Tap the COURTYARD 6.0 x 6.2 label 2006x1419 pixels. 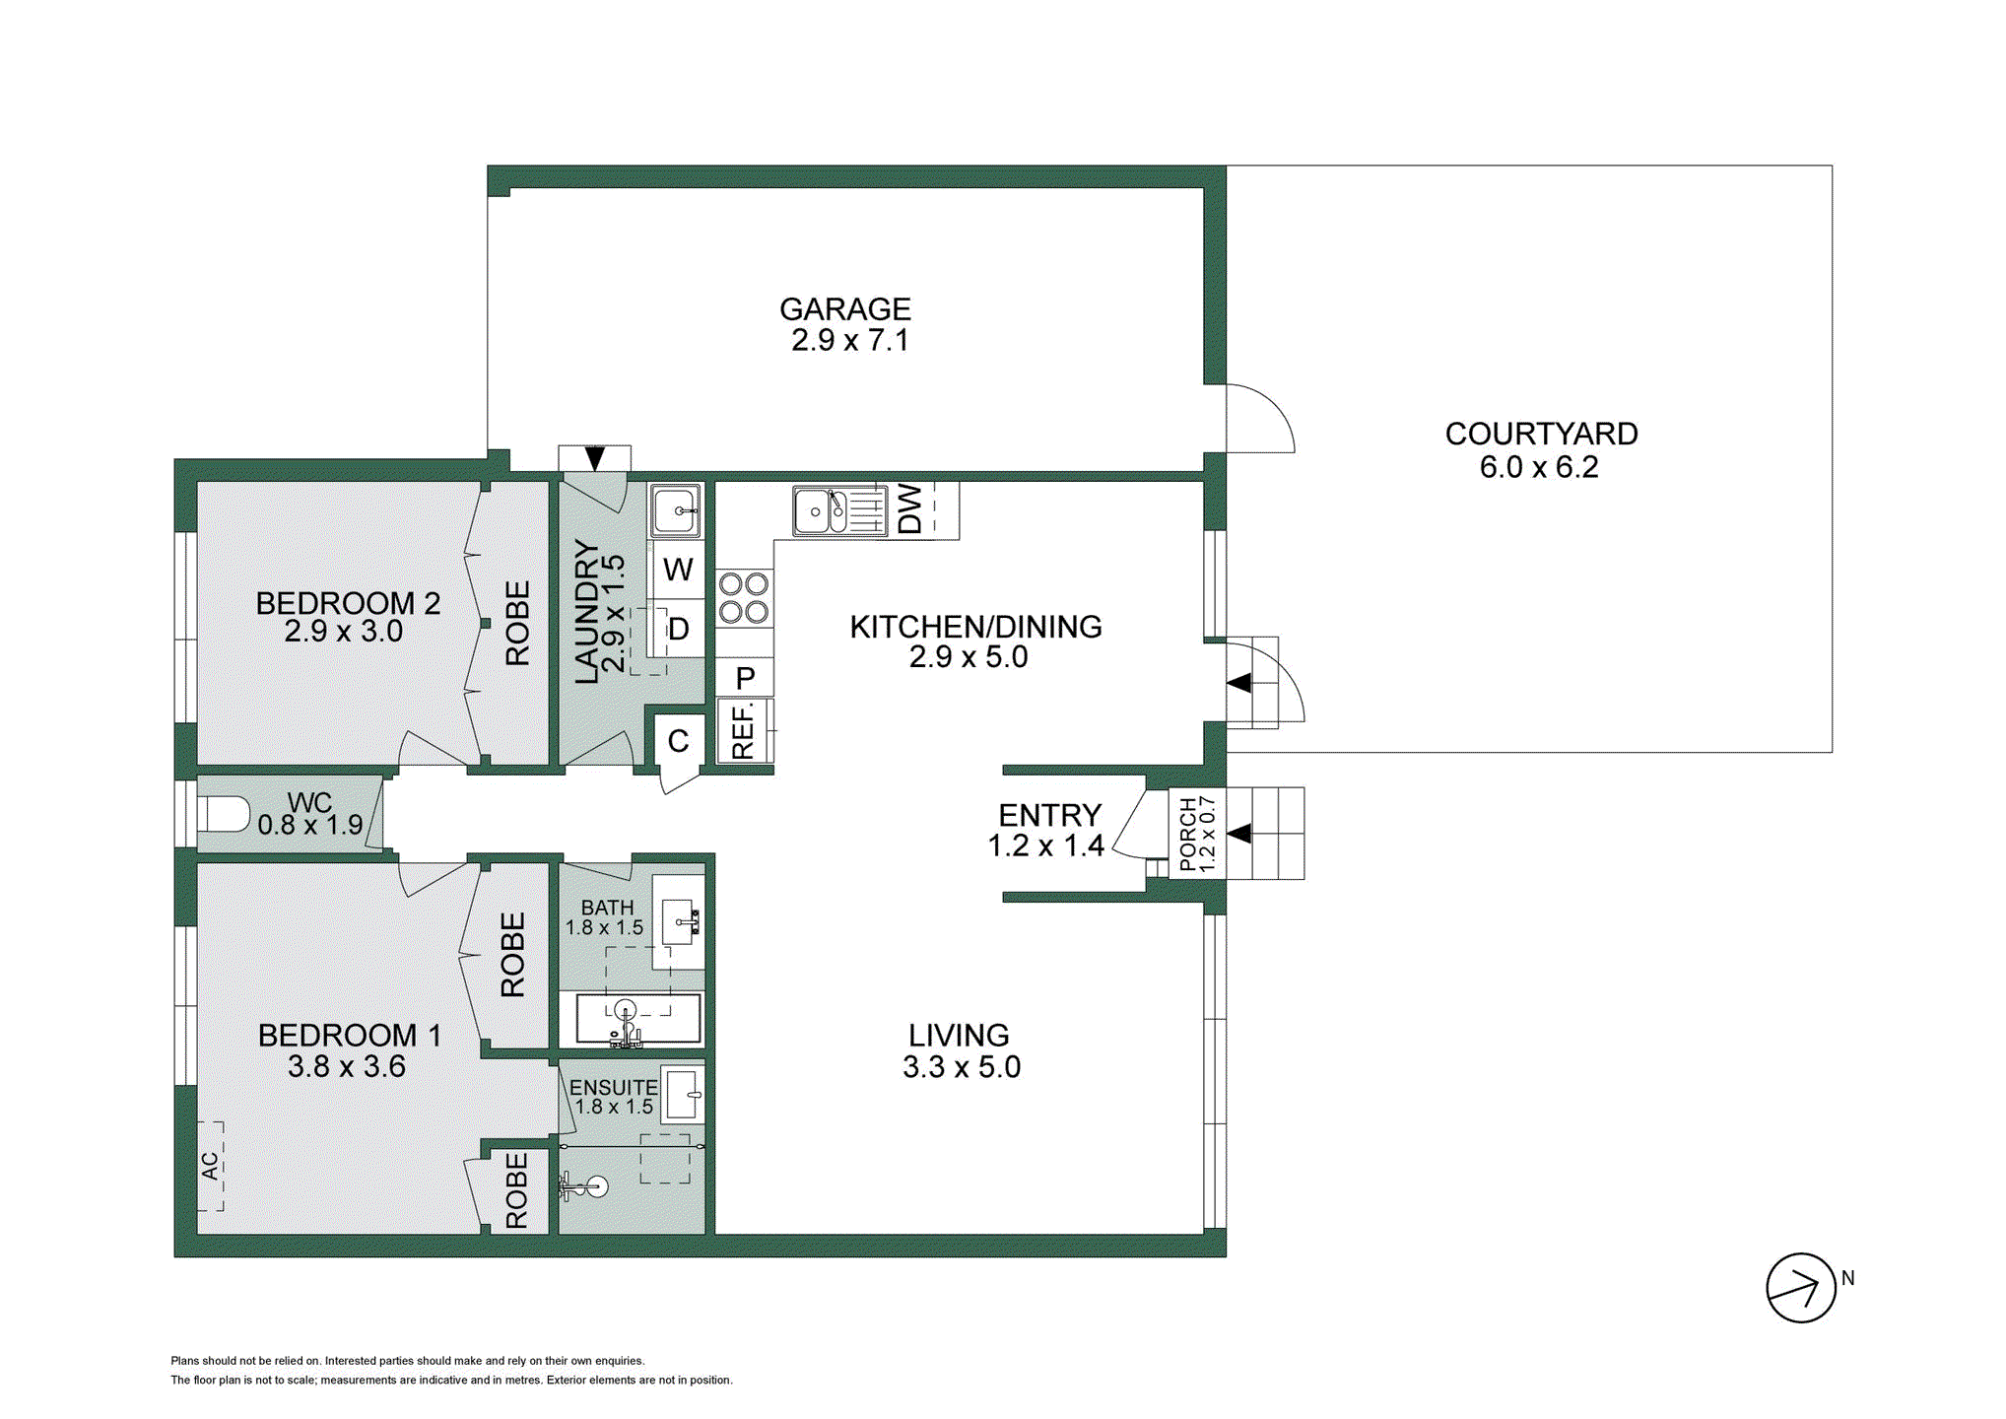(1540, 450)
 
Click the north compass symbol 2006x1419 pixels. (1800, 1287)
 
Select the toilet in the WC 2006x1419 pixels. (224, 815)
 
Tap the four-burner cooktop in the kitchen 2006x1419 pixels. (744, 598)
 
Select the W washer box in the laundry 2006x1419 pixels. (677, 570)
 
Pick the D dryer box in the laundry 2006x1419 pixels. (678, 630)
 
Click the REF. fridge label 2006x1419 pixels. (743, 730)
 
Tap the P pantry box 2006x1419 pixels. (745, 678)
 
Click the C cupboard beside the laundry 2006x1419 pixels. (678, 741)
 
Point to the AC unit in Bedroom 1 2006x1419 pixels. (210, 1166)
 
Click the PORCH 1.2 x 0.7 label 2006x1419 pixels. (1197, 834)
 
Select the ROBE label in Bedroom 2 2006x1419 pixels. (517, 623)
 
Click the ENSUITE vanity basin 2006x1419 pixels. (682, 1094)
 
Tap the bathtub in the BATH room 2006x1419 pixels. (637, 1019)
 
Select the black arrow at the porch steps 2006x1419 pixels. (1238, 834)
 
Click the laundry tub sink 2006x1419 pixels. (676, 510)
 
